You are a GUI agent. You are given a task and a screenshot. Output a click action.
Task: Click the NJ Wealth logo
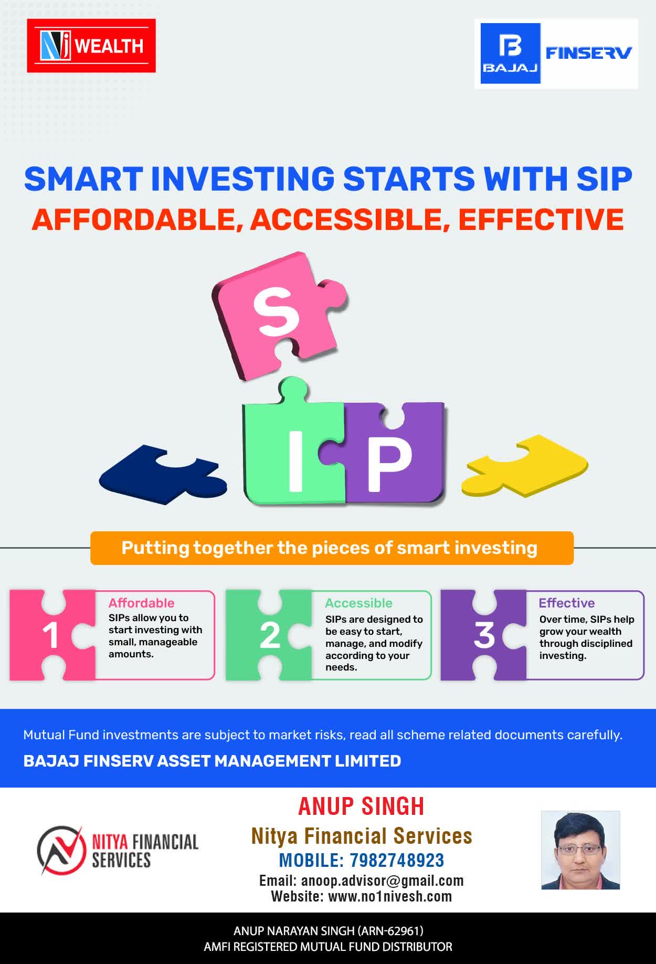91,46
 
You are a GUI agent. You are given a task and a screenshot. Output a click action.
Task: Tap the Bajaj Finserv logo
556,54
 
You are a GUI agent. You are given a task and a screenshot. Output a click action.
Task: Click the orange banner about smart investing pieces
332,548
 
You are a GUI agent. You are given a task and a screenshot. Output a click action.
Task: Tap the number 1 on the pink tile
50,636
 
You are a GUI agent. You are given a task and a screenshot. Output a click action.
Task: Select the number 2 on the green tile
270,636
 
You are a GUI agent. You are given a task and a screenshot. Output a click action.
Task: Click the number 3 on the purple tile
484,635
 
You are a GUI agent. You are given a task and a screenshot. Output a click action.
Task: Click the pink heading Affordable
141,603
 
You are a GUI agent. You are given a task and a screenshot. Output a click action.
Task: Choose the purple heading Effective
567,603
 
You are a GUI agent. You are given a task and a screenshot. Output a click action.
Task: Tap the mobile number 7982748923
397,861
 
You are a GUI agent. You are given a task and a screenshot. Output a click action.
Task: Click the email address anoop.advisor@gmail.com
383,881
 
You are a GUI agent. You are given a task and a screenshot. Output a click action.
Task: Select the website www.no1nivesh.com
390,896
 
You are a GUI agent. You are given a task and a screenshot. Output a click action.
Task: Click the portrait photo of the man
580,850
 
